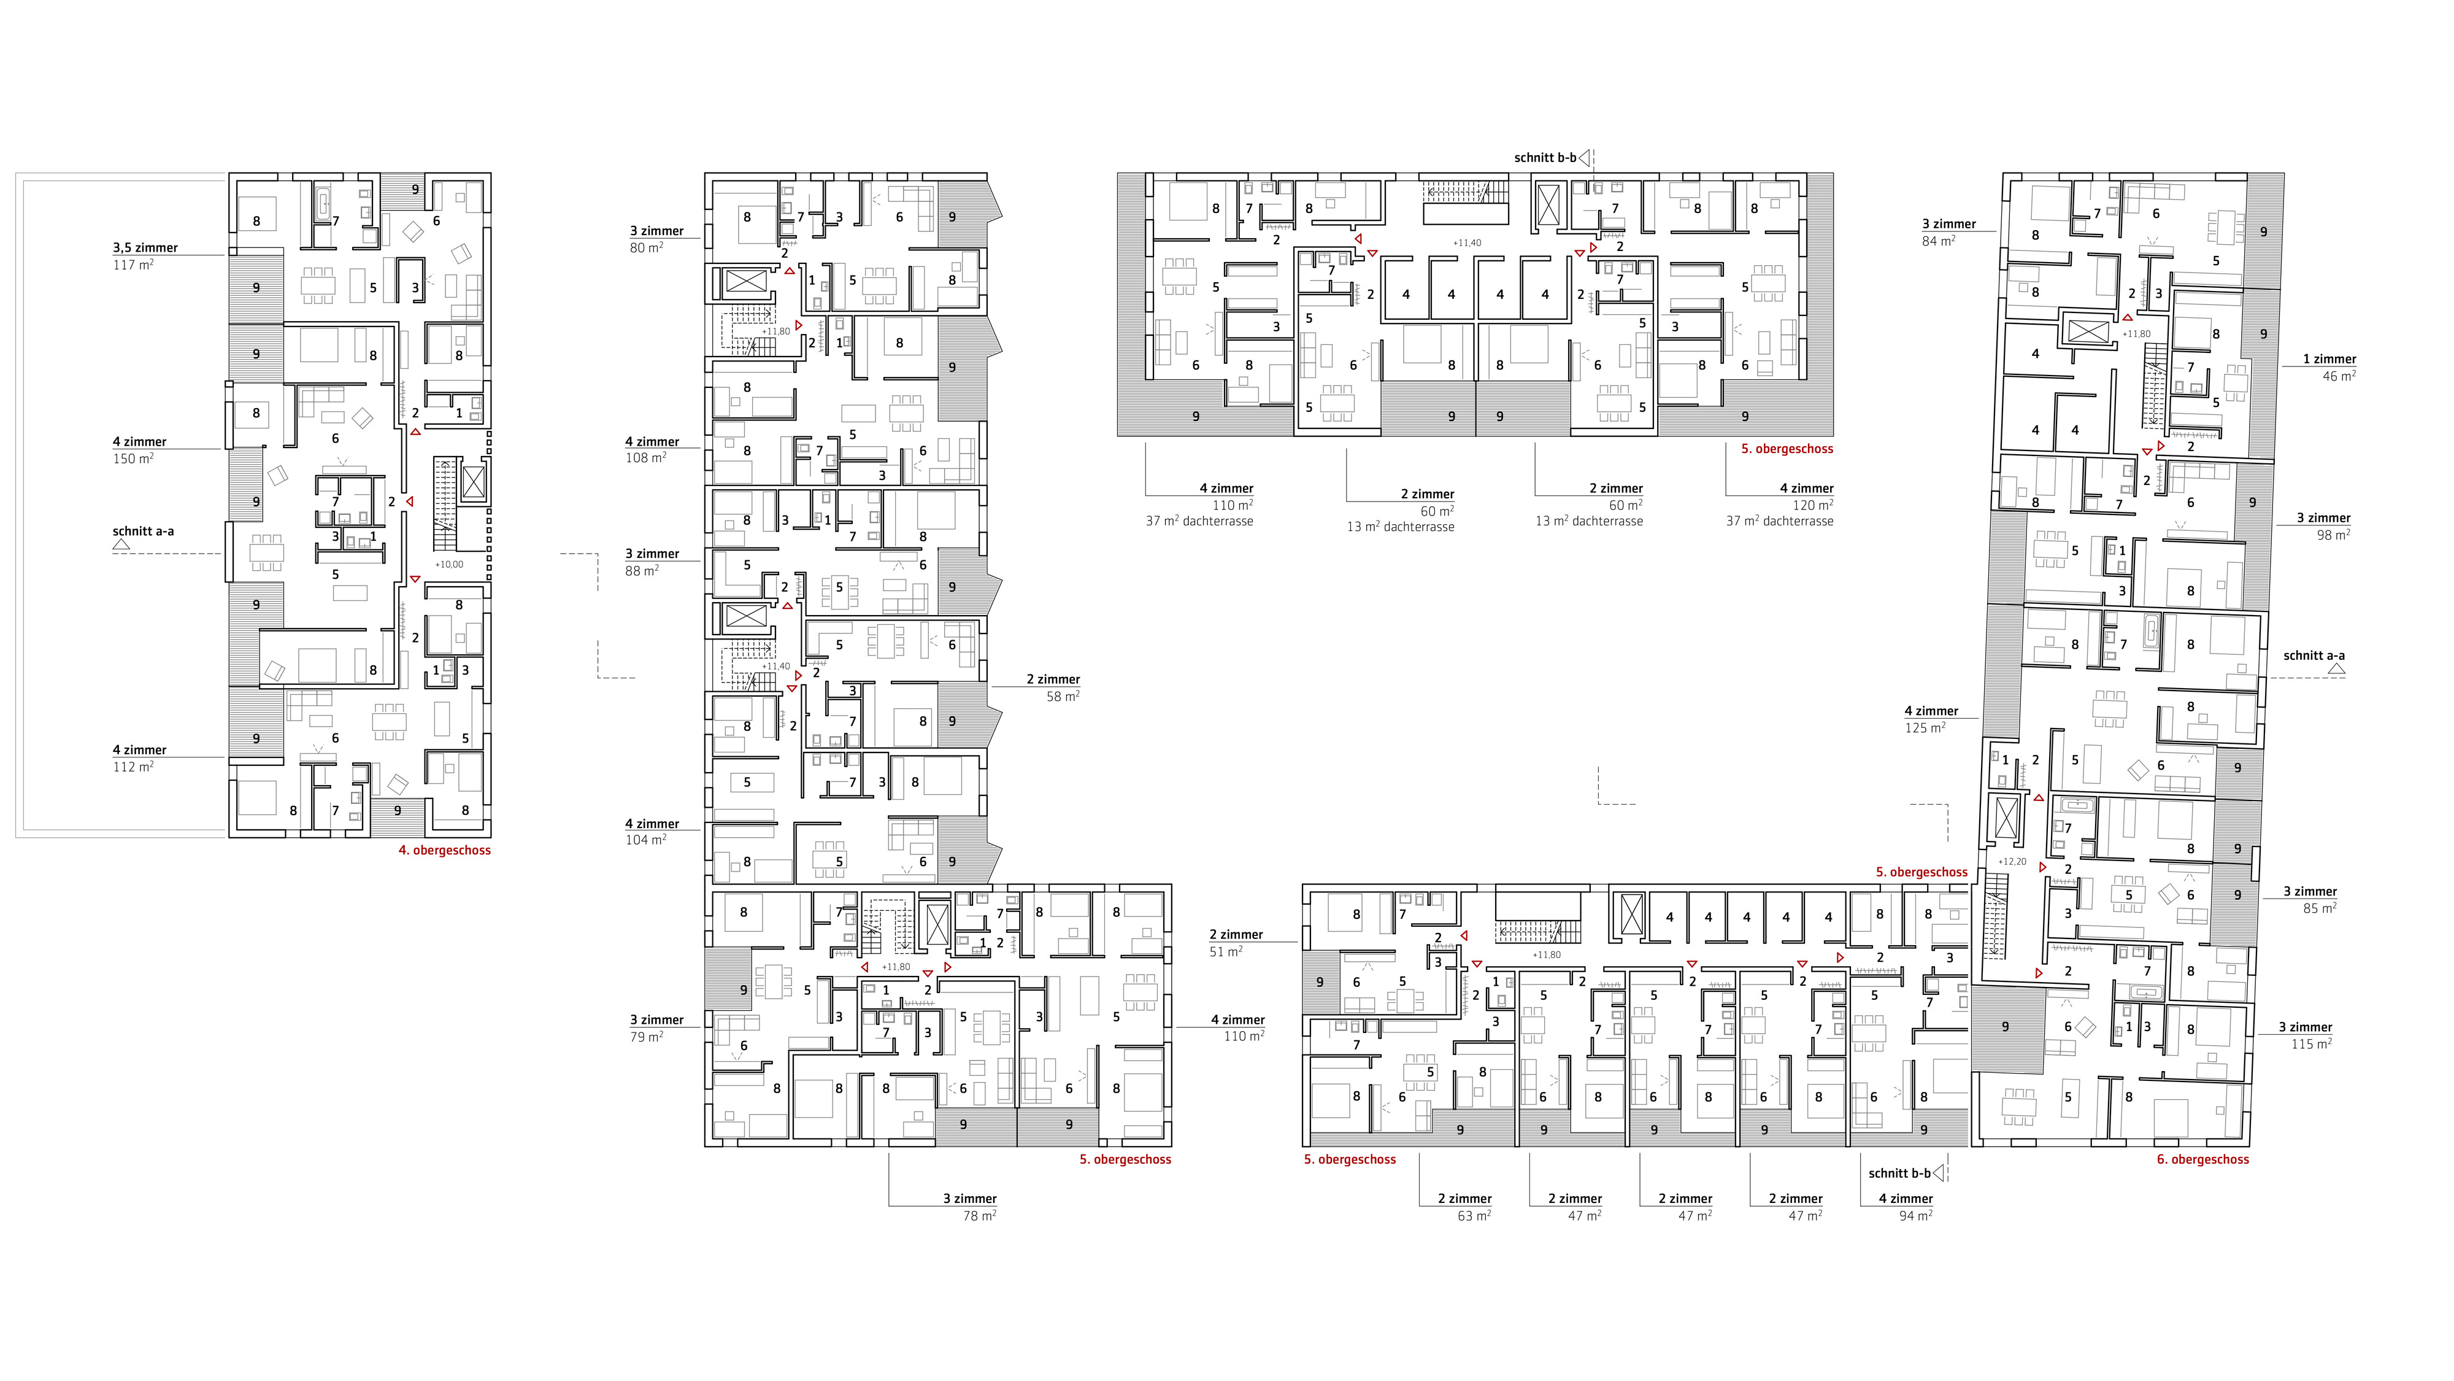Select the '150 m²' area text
[x=133, y=458]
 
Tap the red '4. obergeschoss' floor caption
[x=445, y=850]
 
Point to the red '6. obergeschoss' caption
[x=2202, y=1160]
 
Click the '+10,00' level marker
[x=450, y=564]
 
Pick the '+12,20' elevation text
[x=2012, y=862]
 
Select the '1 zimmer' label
[x=2329, y=359]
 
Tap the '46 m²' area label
[x=2339, y=376]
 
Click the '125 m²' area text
[x=1925, y=727]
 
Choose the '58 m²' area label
[x=1062, y=696]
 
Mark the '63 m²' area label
[x=1474, y=1215]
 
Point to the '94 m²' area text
[x=1915, y=1215]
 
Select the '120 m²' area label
[x=1813, y=505]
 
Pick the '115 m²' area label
[x=2311, y=1043]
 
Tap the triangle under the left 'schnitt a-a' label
[x=121, y=545]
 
